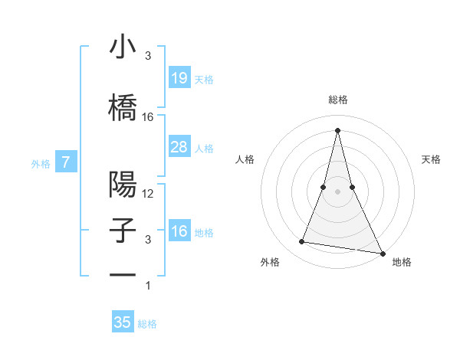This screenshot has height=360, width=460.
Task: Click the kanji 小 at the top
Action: click(x=123, y=47)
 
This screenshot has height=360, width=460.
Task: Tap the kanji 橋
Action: click(x=123, y=106)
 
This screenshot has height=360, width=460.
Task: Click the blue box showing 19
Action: click(x=179, y=77)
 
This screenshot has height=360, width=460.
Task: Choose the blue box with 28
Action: click(x=179, y=147)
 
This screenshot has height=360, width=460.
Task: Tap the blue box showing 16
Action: click(x=179, y=231)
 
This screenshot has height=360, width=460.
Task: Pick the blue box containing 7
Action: click(x=67, y=162)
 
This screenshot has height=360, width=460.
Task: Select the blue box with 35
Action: click(x=123, y=322)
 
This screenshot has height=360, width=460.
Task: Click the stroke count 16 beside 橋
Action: click(x=148, y=117)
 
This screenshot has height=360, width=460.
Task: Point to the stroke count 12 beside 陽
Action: click(x=148, y=194)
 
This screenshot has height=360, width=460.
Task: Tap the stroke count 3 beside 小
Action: click(x=148, y=56)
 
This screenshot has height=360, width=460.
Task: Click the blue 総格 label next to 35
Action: click(x=147, y=324)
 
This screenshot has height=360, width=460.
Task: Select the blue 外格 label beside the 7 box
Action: click(x=41, y=163)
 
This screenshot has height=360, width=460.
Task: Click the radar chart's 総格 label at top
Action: click(x=338, y=100)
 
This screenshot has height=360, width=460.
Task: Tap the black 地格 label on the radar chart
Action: click(x=402, y=263)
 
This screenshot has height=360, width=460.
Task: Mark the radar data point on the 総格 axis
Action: click(x=338, y=129)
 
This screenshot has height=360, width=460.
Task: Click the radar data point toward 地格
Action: click(x=383, y=254)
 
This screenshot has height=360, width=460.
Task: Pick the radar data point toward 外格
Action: click(x=301, y=242)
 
